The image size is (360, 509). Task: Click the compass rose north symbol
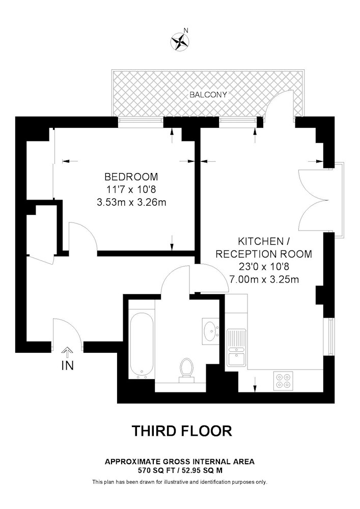click(180, 42)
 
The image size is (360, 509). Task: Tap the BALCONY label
click(208, 95)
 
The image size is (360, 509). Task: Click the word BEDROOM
click(131, 177)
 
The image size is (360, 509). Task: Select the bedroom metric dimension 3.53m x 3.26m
click(131, 203)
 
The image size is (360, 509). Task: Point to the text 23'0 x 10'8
click(264, 267)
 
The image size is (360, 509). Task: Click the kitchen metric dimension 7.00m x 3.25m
click(264, 279)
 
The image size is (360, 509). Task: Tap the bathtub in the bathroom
click(142, 346)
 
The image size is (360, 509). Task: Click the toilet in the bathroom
click(187, 370)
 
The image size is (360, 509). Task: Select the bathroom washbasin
click(211, 331)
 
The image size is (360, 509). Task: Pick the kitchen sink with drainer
click(237, 347)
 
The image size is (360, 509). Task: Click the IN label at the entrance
click(68, 365)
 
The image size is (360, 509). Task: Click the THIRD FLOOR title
click(182, 431)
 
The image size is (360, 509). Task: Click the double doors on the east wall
click(313, 200)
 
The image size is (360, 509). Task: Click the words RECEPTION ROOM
click(264, 254)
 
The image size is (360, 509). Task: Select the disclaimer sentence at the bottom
click(180, 482)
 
